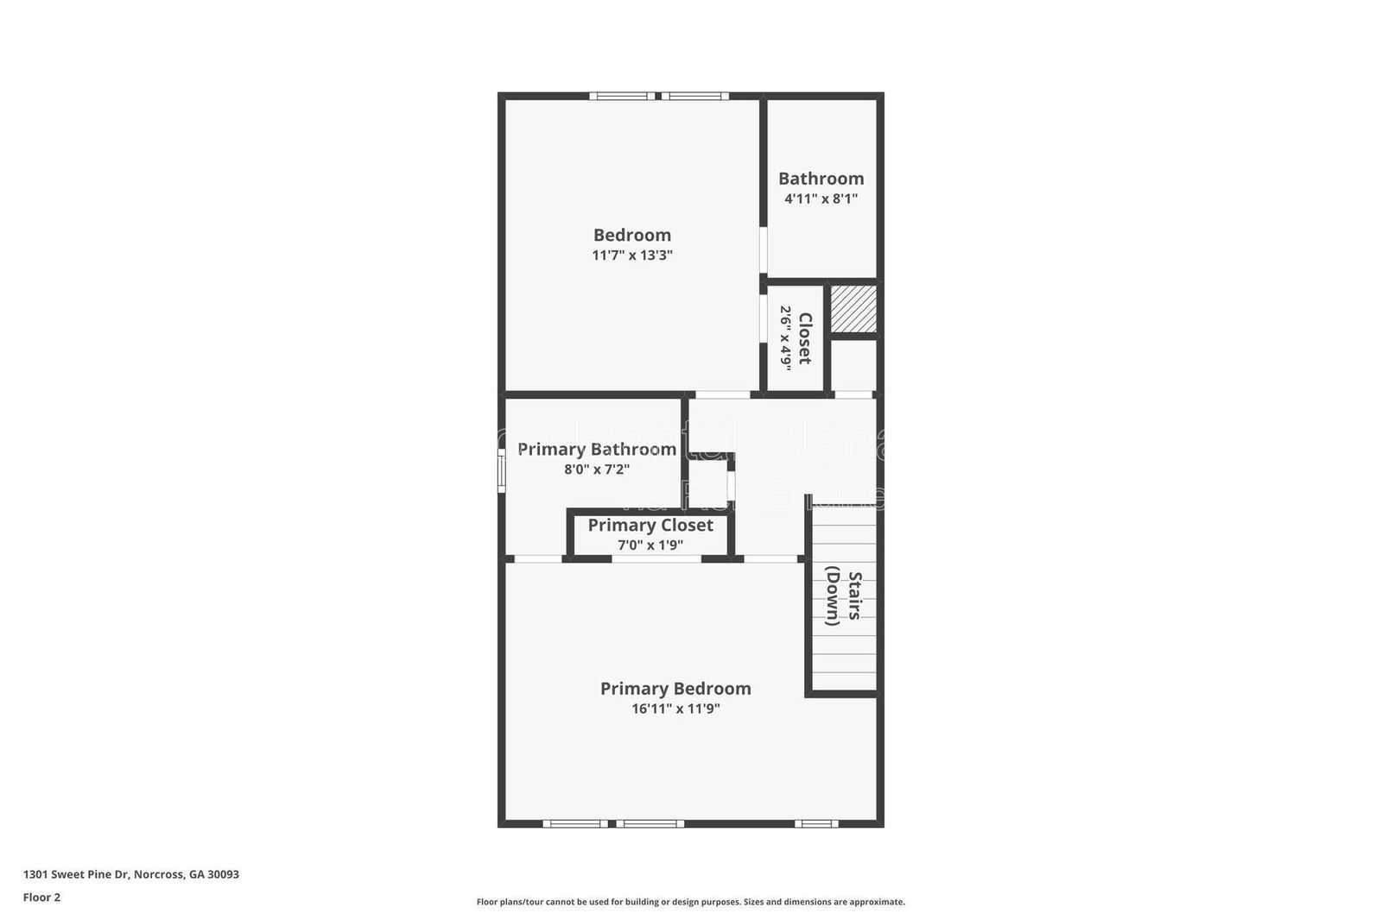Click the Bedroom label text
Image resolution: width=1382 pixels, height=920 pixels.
631,235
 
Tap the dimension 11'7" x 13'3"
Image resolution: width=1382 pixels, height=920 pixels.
631,255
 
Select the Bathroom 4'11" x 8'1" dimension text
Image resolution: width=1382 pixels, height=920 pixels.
820,198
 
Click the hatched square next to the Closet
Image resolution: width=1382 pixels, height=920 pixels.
853,309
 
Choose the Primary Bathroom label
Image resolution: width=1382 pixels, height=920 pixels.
596,449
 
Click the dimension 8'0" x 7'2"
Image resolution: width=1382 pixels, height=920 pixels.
596,469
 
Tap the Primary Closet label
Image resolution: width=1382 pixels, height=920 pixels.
650,525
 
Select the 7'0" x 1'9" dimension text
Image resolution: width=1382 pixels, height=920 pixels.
650,545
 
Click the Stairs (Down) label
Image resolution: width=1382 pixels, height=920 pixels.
843,595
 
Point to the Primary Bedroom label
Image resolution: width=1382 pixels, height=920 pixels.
675,688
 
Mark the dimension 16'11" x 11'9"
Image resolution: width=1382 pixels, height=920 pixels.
675,709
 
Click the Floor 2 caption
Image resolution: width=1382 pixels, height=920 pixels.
41,898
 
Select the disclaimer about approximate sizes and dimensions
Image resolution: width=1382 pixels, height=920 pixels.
690,902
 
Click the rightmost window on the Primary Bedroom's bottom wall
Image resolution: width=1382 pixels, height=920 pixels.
815,823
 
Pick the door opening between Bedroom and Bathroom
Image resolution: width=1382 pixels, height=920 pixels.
764,249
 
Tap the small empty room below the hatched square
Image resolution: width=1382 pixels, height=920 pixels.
853,366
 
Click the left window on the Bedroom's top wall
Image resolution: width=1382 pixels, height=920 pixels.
622,96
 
